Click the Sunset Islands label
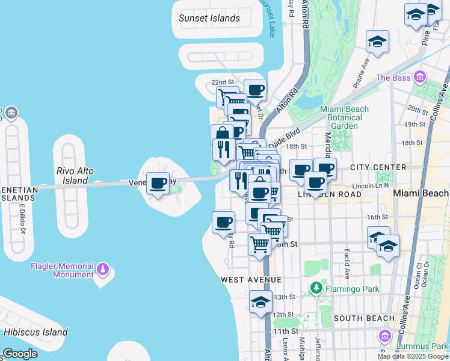pos(209,18)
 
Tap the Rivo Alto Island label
pos(75,176)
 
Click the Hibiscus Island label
pos(35,332)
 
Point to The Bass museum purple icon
pos(419,78)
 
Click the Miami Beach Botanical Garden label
pos(344,117)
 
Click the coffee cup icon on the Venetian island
pos(158,183)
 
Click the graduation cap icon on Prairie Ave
pos(377,41)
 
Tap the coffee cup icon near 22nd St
pos(255,90)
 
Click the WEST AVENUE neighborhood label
pos(251,280)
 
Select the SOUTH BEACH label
pos(364,318)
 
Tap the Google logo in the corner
pos(20,354)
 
